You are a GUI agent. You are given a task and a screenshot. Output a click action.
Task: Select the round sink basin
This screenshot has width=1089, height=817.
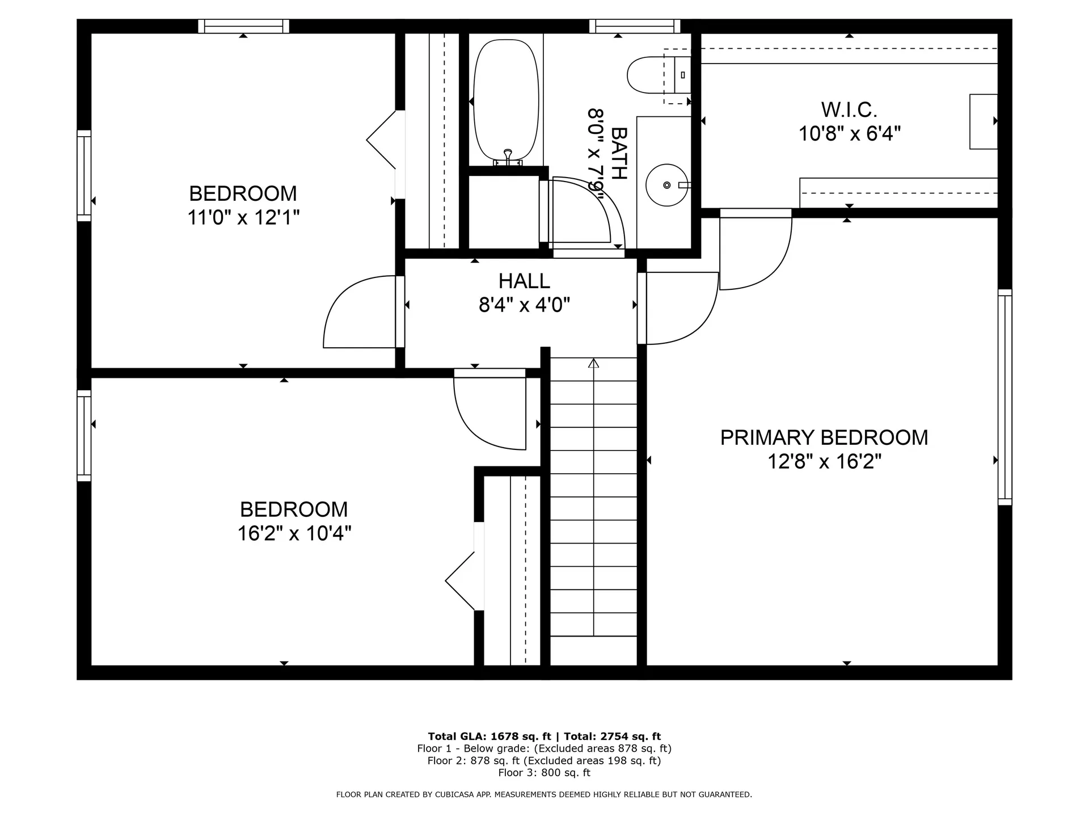666,185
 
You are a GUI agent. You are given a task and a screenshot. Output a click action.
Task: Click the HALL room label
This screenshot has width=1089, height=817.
524,281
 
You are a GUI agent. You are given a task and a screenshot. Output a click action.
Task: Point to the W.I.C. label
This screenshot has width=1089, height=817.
849,109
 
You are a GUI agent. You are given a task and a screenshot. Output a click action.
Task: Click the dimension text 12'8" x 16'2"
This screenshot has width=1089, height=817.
824,462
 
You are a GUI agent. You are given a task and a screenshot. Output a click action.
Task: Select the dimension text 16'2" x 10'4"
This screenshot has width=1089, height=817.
294,533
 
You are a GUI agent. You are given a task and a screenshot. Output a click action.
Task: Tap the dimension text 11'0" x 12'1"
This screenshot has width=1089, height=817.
243,217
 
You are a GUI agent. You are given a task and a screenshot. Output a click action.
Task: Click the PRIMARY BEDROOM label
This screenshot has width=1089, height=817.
824,437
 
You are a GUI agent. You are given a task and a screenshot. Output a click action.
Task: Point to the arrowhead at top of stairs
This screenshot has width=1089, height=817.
594,363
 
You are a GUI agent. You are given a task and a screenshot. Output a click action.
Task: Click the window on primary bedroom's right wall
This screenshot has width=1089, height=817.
1004,397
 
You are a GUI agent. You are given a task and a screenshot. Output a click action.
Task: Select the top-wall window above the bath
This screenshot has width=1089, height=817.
634,26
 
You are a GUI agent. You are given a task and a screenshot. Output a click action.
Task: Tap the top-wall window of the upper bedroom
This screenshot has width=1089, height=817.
243,26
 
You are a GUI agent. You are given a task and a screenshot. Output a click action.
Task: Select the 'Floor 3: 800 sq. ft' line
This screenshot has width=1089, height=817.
544,773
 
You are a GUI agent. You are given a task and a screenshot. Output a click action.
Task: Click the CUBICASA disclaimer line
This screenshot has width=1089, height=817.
544,795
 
